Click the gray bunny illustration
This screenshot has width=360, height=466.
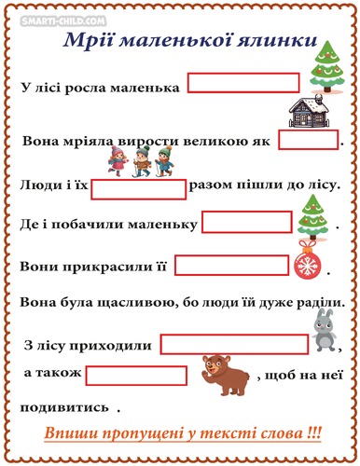(322, 332)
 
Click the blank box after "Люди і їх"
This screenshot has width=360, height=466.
(139, 189)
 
